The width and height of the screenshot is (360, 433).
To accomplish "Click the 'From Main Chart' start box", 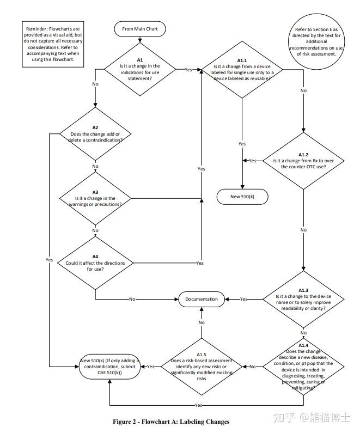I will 140,28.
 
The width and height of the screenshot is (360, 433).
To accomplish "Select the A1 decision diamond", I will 140,69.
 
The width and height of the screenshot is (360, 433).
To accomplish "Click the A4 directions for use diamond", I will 95,263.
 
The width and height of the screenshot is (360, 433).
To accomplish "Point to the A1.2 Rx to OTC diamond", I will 303,161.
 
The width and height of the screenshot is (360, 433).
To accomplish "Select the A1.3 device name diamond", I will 303,299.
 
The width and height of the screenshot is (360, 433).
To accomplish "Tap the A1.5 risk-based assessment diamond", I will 202,367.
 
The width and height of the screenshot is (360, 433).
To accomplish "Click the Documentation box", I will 202,299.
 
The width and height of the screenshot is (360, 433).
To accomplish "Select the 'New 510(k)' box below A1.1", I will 242,197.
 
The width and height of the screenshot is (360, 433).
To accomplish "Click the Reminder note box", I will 53,45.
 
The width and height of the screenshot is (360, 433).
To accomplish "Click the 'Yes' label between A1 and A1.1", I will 188,70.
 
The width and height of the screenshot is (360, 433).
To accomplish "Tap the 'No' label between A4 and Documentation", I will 132,299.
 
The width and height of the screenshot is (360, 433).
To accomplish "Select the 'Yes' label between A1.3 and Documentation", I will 243,299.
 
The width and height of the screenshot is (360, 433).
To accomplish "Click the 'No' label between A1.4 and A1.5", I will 252,367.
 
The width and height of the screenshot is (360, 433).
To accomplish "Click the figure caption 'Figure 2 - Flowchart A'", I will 171,422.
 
